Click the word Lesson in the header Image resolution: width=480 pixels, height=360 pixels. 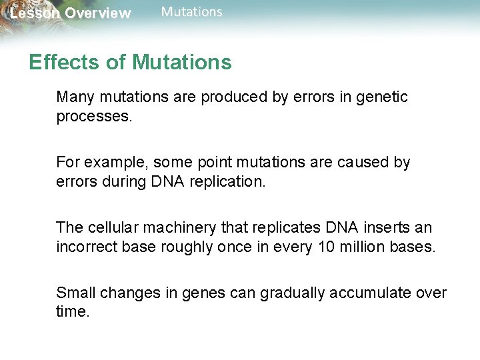pyautogui.click(x=31, y=13)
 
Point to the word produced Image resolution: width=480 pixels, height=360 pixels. pyautogui.click(x=233, y=97)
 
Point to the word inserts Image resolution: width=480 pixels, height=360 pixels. pyautogui.click(x=387, y=227)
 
